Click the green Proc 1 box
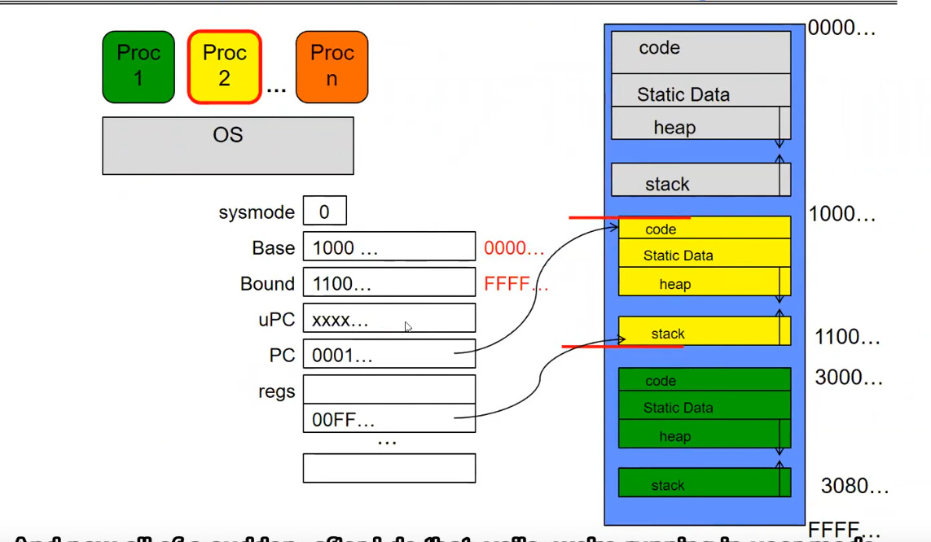point(138,67)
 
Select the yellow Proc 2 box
point(224,67)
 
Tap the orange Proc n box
point(332,67)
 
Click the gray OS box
point(228,146)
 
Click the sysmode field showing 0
point(324,212)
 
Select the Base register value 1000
point(389,247)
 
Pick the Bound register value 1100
point(389,283)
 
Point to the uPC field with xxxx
point(389,319)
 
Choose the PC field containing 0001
point(389,355)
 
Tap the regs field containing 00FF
point(389,419)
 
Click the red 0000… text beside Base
point(514,248)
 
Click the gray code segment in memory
point(700,51)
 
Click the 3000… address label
point(849,378)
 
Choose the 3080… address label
point(854,487)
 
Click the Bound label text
point(267,284)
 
